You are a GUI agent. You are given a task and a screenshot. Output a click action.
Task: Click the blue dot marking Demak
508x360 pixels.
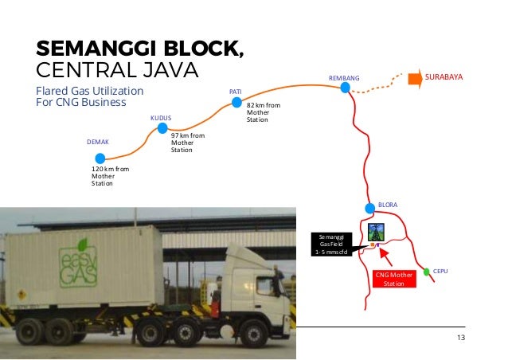100,158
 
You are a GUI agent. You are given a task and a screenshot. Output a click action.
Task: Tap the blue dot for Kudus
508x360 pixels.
162,127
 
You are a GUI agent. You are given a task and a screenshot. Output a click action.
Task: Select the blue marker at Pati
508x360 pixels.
236,101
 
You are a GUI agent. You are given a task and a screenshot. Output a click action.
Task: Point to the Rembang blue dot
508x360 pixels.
345,88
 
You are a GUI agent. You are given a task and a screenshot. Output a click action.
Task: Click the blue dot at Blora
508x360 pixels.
369,209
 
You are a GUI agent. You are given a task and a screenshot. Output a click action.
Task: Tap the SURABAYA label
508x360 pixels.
444,77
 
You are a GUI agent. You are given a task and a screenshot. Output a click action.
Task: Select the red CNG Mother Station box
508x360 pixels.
394,279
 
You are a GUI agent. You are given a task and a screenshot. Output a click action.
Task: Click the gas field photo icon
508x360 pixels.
376,232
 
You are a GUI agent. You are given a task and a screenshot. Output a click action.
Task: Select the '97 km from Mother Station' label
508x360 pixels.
187,143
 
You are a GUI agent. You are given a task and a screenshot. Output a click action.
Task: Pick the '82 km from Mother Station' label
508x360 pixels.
263,112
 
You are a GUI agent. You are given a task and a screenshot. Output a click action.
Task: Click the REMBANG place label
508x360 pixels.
345,77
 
